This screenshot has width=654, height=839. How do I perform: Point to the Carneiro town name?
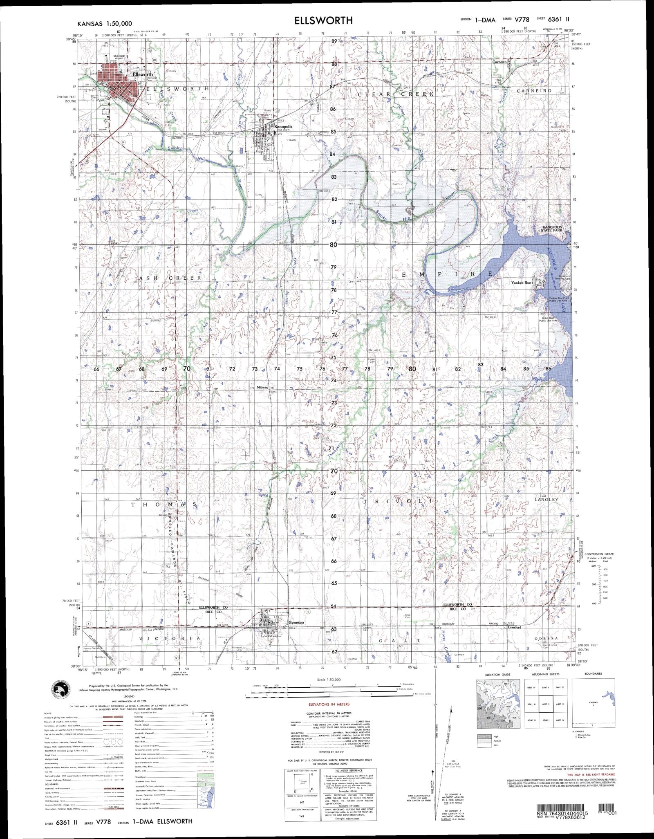pyautogui.click(x=499, y=62)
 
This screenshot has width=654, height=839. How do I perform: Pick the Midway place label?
pyautogui.click(x=262, y=387)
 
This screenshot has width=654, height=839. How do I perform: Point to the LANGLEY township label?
pyautogui.click(x=546, y=500)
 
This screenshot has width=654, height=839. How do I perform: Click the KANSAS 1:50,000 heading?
pyautogui.click(x=103, y=24)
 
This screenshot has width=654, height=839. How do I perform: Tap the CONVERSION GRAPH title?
pyautogui.click(x=599, y=554)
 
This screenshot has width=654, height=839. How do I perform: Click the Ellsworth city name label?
pyautogui.click(x=143, y=75)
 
